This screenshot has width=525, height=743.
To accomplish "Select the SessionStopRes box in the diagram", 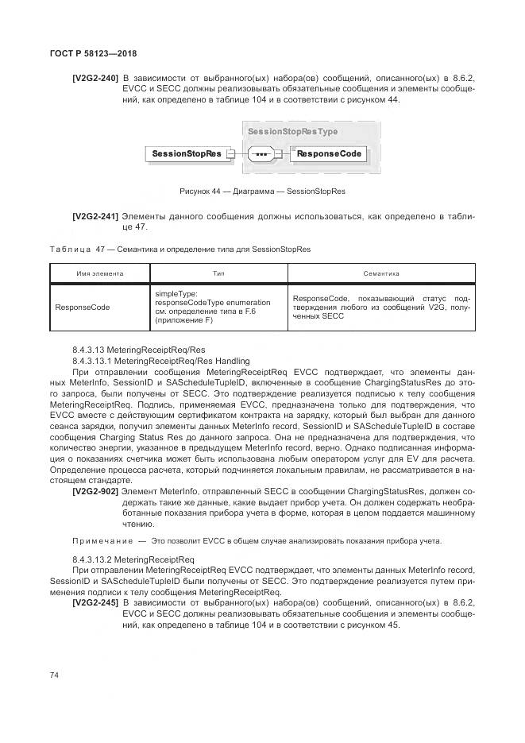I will pyautogui.click(x=187, y=153).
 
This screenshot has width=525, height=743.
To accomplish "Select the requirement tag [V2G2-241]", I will pyautogui.click(x=95, y=215).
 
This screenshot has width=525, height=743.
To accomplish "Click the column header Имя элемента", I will pyautogui.click(x=100, y=273).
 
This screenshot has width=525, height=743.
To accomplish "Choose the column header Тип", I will pyautogui.click(x=218, y=273).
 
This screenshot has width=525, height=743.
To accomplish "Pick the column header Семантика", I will pyautogui.click(x=380, y=273).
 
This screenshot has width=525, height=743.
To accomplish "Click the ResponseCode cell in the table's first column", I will pyautogui.click(x=83, y=306).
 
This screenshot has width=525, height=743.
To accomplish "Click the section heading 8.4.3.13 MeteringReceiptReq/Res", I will pyautogui.click(x=138, y=350).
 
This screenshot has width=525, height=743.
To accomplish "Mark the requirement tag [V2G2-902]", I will pyautogui.click(x=95, y=493).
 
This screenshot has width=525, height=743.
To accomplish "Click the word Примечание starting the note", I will pyautogui.click(x=99, y=541).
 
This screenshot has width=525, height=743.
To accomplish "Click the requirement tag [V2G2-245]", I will pyautogui.click(x=95, y=603).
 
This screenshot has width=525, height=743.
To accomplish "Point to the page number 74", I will pyautogui.click(x=55, y=675).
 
